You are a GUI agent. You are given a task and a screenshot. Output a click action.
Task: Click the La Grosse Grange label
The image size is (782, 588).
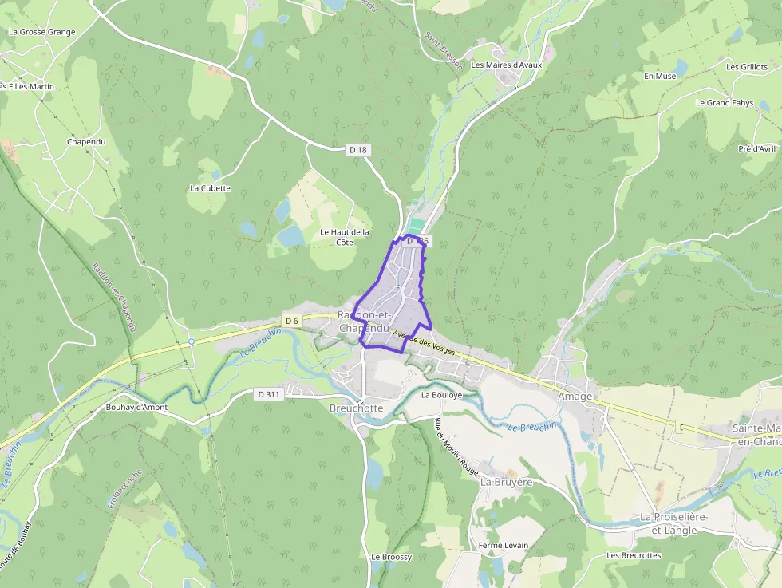pyautogui.click(x=41, y=33)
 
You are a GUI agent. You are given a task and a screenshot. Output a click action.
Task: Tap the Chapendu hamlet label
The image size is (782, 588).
pyautogui.click(x=86, y=142)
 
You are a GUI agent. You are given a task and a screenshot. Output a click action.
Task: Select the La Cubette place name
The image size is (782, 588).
pyautogui.click(x=210, y=189)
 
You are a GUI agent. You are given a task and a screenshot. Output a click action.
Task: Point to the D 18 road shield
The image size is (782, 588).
pyautogui.click(x=357, y=149)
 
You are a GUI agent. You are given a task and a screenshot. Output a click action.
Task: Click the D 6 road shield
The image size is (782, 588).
pyautogui.click(x=290, y=321)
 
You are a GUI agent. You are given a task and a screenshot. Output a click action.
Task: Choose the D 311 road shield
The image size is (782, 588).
pyautogui.click(x=268, y=394)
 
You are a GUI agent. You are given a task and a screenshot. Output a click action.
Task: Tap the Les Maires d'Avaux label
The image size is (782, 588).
pyautogui.click(x=506, y=65)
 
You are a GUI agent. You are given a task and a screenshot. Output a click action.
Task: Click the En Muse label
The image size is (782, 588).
pyautogui.click(x=659, y=77)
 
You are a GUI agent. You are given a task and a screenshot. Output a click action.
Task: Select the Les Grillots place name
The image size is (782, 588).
pyautogui.click(x=746, y=68)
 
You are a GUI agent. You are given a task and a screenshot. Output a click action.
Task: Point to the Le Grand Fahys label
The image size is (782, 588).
pyautogui.click(x=724, y=103)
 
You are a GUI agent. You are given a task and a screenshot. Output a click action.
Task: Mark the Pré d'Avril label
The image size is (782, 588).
pyautogui.click(x=756, y=149)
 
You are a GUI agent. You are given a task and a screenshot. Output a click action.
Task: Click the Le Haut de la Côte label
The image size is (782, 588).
pyautogui.click(x=345, y=237)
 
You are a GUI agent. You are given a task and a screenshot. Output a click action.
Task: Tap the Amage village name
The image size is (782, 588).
pyautogui.click(x=575, y=397)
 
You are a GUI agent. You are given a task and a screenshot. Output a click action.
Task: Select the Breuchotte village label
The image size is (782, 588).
pyautogui.click(x=356, y=408)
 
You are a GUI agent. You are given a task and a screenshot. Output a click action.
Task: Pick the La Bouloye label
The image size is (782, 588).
pyautogui.click(x=441, y=395)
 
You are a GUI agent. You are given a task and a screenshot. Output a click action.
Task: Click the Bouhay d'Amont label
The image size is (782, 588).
pyautogui.click(x=136, y=408)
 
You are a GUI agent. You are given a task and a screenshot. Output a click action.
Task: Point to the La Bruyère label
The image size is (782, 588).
pyautogui.click(x=506, y=483)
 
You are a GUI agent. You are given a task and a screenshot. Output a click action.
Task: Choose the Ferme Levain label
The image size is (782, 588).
pyautogui.click(x=503, y=546)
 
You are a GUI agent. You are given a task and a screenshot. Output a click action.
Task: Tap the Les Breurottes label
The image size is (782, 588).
pyautogui.click(x=634, y=555)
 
